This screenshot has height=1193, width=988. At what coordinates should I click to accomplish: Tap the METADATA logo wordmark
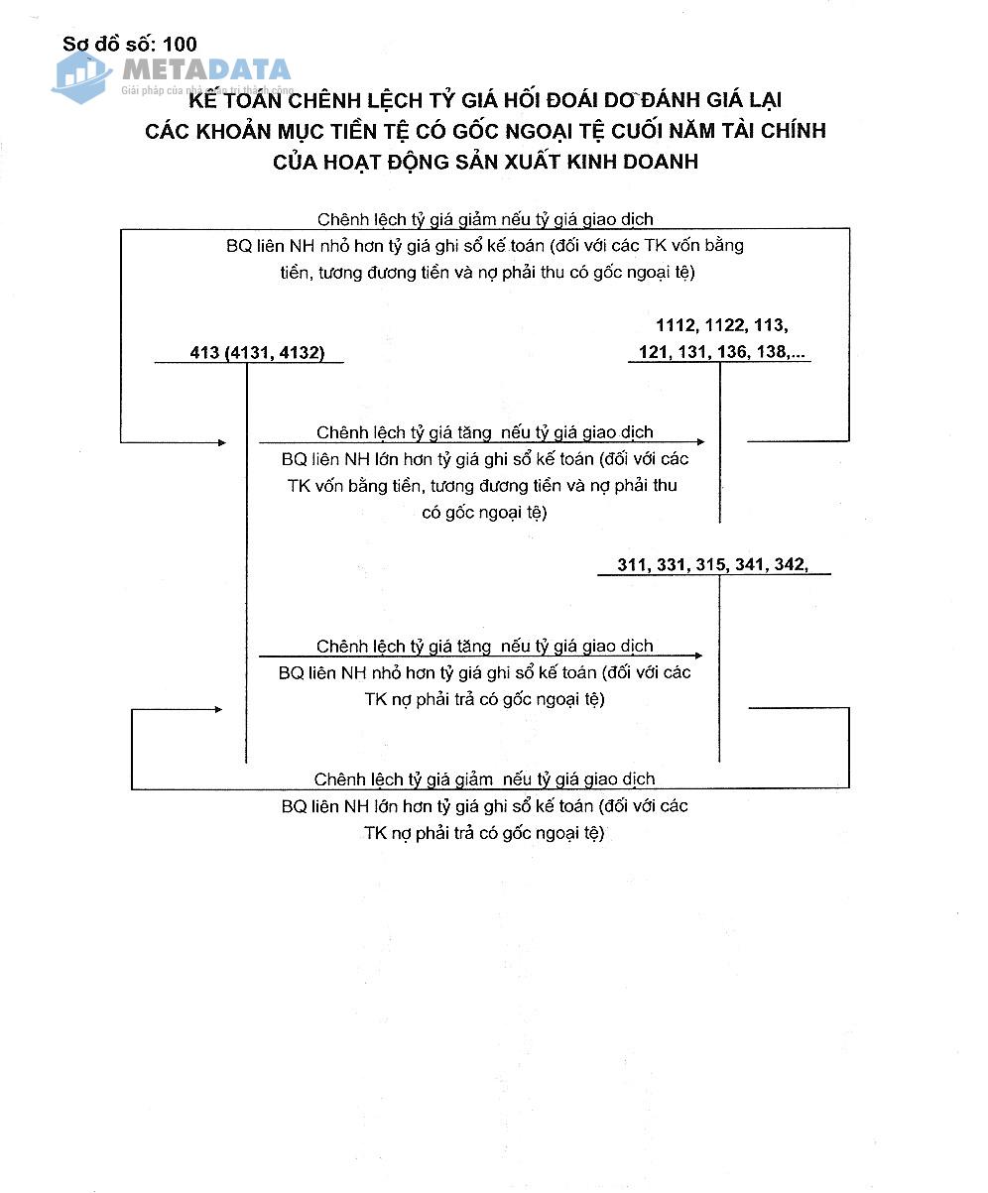(206, 69)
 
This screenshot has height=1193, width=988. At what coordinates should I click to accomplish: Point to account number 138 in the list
(769, 351)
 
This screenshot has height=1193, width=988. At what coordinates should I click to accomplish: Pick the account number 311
(633, 564)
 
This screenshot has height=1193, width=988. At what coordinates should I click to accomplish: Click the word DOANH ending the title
(656, 162)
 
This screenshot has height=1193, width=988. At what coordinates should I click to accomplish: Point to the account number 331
(672, 564)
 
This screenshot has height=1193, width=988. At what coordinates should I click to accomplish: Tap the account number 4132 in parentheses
(298, 352)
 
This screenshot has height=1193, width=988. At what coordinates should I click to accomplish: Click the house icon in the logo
(82, 76)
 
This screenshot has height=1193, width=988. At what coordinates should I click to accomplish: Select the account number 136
(729, 351)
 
